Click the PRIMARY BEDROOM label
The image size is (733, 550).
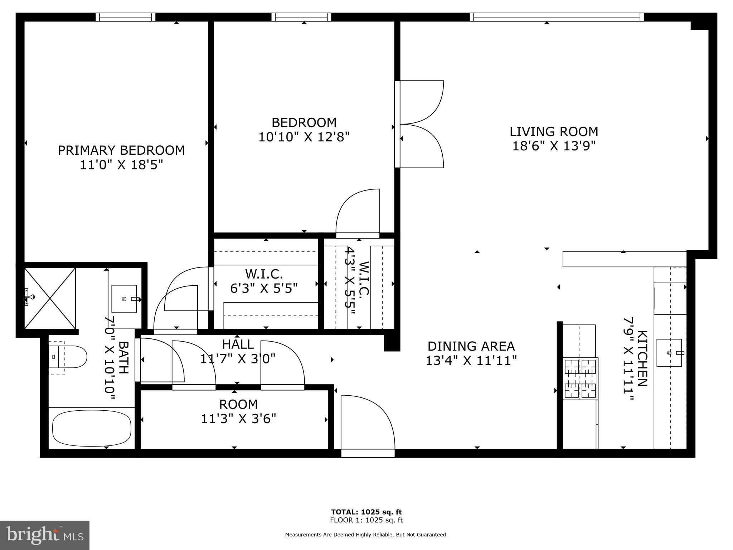pos(121,150)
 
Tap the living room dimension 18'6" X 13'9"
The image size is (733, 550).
pos(554,146)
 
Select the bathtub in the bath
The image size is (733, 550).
pos(92,428)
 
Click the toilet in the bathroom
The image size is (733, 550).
pos(68,357)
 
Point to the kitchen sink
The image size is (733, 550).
pos(669,353)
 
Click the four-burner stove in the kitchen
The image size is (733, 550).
pos(580,379)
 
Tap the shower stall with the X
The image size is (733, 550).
pos(50,298)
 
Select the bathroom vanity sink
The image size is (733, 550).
pos(124,299)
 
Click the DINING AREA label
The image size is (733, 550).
pos(471,346)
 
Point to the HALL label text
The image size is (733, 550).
pos(238,344)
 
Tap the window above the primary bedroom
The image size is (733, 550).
pos(126,17)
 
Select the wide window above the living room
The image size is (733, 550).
pos(556,17)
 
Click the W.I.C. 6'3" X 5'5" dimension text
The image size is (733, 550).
pos(264,288)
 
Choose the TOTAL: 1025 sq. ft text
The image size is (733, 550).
pos(366,512)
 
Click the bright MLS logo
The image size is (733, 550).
pos(45,535)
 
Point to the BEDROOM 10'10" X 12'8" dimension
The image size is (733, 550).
pos(304,137)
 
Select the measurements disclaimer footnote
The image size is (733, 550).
pos(366,535)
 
